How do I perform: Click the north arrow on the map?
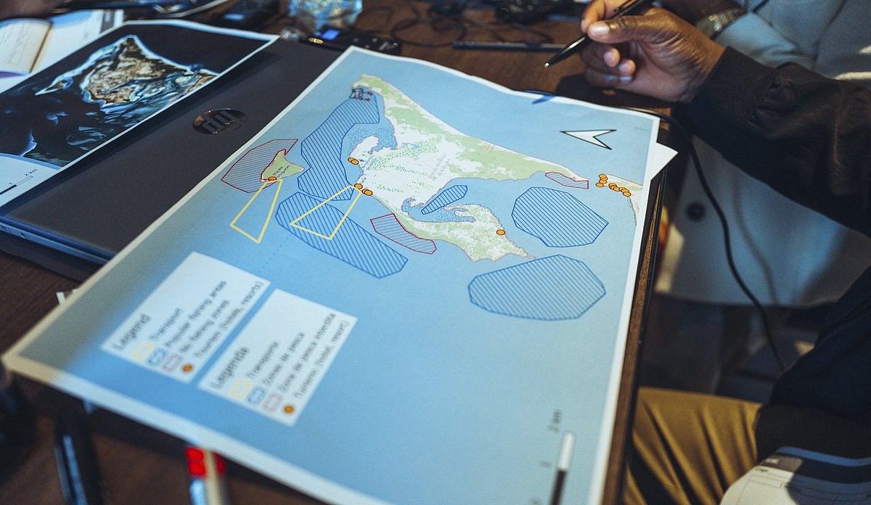(x=589, y=137)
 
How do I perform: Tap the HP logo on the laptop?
(x=219, y=120)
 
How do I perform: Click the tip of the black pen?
(x=549, y=64)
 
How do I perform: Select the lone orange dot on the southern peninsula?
(x=500, y=232)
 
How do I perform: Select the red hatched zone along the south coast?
(x=403, y=234)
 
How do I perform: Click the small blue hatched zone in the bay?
(x=444, y=199)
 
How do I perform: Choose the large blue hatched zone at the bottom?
(x=537, y=287)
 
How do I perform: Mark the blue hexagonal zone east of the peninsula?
(x=559, y=215)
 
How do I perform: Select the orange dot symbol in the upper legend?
(x=187, y=368)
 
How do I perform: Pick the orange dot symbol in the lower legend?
(x=289, y=408)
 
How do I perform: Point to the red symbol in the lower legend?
(x=272, y=401)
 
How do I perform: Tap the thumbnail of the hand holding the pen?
(x=608, y=51)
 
